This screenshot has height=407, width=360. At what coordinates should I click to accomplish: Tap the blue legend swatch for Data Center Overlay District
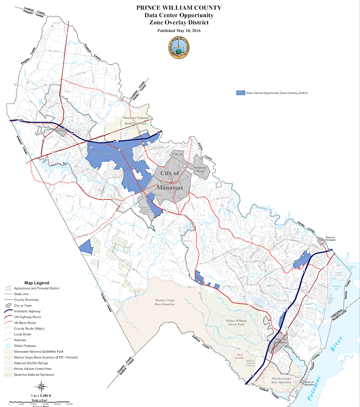(240, 93)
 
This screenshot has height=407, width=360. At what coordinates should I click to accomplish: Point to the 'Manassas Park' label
(200, 169)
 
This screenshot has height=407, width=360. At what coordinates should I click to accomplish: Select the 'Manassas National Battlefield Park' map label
(134, 121)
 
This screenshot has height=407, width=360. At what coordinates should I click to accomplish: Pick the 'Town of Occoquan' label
(330, 239)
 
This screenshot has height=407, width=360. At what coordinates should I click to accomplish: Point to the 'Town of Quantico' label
(310, 383)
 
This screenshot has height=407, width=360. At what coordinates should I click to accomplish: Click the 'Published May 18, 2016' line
(179, 31)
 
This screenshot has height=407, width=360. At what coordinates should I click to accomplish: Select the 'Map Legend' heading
(36, 282)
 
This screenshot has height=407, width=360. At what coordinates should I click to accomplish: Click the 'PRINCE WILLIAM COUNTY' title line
(179, 8)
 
